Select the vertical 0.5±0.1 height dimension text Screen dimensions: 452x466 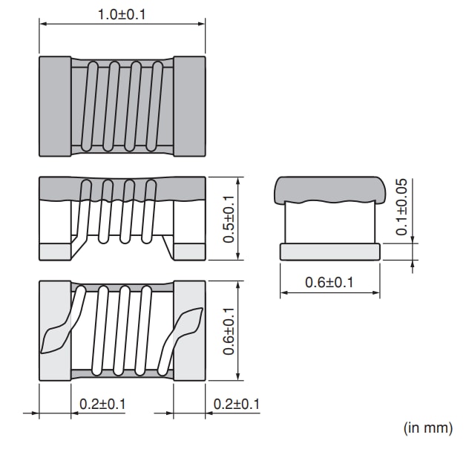click(x=229, y=218)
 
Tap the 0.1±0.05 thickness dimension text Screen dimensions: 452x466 click(x=401, y=207)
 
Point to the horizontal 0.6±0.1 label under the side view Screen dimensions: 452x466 click(x=330, y=283)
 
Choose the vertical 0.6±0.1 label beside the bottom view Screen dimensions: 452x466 click(x=229, y=330)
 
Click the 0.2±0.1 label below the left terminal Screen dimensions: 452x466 click(x=102, y=404)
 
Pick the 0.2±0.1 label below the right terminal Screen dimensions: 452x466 click(x=237, y=404)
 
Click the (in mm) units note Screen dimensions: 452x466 click(x=427, y=428)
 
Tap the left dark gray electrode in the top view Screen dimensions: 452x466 click(x=54, y=105)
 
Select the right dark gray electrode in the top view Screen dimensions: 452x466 click(x=189, y=105)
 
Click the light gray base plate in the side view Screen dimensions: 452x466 click(x=329, y=252)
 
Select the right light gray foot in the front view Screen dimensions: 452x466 click(x=189, y=251)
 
